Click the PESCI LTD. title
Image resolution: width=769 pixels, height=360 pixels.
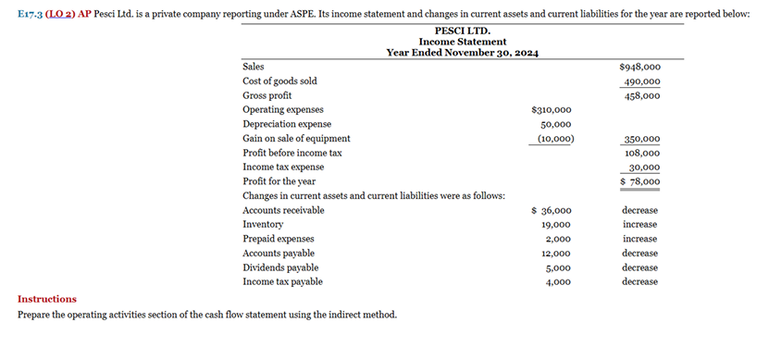click(x=462, y=31)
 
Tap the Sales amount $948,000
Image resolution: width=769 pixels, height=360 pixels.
click(x=639, y=67)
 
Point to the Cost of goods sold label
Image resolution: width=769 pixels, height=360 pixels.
click(x=279, y=81)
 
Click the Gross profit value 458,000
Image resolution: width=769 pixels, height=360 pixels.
click(x=642, y=95)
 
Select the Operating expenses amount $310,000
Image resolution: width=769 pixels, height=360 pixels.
click(x=552, y=109)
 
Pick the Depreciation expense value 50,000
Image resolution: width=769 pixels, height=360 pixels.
click(x=555, y=124)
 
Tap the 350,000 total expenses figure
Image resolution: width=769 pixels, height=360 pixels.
click(x=642, y=139)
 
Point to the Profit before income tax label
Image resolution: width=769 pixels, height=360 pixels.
click(x=291, y=153)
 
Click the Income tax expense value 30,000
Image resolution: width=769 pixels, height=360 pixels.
click(x=644, y=168)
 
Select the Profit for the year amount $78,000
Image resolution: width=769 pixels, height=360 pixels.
click(x=639, y=181)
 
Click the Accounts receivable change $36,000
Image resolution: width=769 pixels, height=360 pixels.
click(x=552, y=210)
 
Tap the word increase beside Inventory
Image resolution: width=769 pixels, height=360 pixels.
click(x=639, y=224)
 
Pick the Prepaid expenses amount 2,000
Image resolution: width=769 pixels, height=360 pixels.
click(x=558, y=239)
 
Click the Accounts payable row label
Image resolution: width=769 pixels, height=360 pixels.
click(x=278, y=253)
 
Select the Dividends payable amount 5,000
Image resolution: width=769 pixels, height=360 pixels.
click(x=558, y=267)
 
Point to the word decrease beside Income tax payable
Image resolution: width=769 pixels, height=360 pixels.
click(x=639, y=281)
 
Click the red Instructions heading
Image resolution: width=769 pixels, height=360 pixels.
click(x=47, y=299)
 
